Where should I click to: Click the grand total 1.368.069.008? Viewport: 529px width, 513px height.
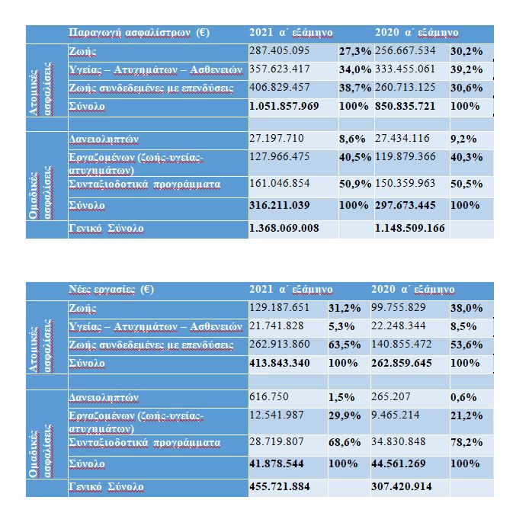point(284,228)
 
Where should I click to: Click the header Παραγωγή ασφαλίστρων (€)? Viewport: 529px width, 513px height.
point(139,33)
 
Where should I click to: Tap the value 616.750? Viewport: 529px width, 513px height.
point(268,398)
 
